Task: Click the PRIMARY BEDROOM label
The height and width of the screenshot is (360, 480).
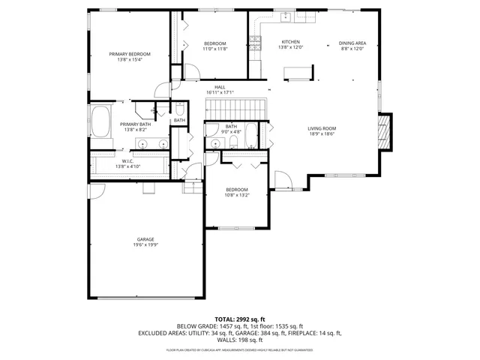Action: pyautogui.click(x=130, y=54)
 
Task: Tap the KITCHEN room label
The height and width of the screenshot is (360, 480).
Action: pyautogui.click(x=290, y=42)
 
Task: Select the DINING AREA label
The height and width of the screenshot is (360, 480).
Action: pyautogui.click(x=351, y=42)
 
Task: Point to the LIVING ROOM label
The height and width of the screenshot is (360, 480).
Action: pyautogui.click(x=322, y=128)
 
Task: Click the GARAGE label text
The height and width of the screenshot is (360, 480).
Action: pyautogui.click(x=145, y=239)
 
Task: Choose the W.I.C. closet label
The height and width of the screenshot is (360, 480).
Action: pyautogui.click(x=127, y=160)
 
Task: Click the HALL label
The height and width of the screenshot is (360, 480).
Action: pyautogui.click(x=220, y=87)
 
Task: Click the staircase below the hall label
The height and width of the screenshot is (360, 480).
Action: pyautogui.click(x=236, y=109)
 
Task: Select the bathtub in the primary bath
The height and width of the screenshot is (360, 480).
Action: pyautogui.click(x=100, y=119)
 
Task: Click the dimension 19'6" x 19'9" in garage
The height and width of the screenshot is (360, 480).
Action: pyautogui.click(x=145, y=245)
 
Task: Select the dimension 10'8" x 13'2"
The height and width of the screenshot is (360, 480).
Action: pyautogui.click(x=237, y=195)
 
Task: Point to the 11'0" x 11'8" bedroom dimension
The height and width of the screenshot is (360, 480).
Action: pyautogui.click(x=214, y=49)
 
